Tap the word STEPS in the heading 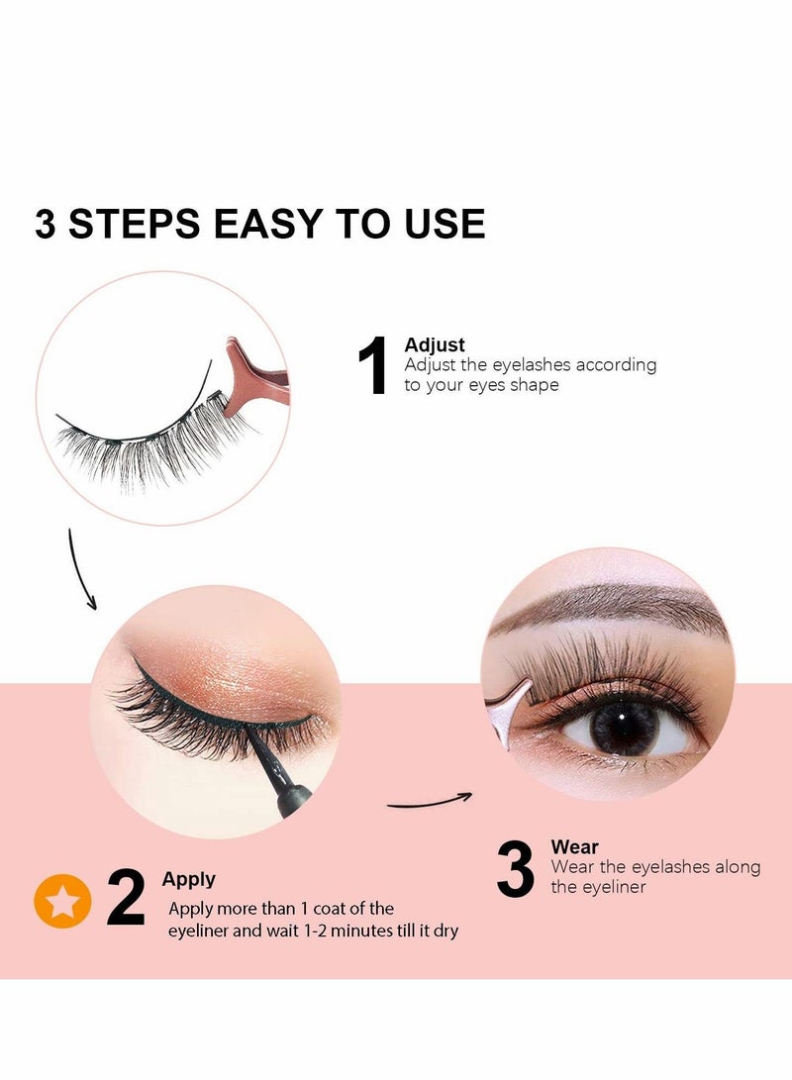(133, 224)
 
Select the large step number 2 (126, 898)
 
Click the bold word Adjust (435, 344)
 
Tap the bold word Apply (188, 879)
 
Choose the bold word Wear (574, 847)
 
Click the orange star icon (62, 901)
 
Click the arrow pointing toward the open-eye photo (429, 801)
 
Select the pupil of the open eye (624, 727)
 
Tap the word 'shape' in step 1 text (535, 385)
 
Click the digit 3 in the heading (46, 224)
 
